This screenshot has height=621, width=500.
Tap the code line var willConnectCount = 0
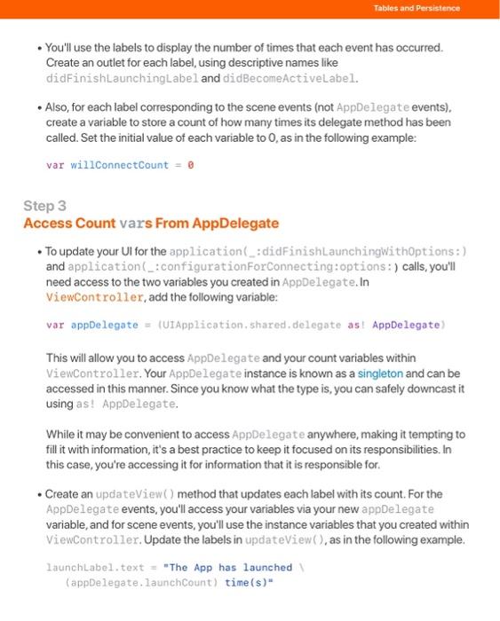tap(120, 164)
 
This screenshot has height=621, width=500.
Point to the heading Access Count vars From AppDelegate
tap(151, 223)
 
